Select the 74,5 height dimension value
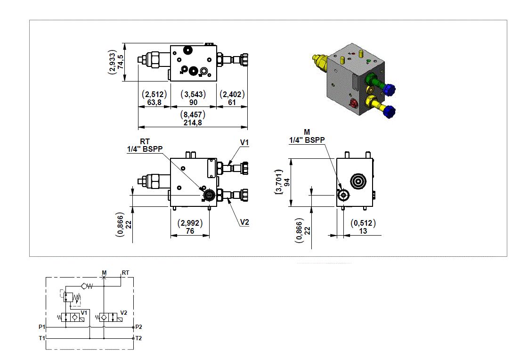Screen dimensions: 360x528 pos(121,62)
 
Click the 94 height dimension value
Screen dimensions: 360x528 pos(286,182)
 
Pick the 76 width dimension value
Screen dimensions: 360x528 pos(190,230)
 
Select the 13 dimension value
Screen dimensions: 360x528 pos(363,230)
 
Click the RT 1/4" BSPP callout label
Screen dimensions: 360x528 pos(145,145)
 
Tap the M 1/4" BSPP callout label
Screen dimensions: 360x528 pos(307,136)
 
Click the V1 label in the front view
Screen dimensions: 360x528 pos(244,142)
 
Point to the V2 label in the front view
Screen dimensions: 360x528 pos(244,222)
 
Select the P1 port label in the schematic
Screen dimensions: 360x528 pos(41,327)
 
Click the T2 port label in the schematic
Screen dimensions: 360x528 pos(138,338)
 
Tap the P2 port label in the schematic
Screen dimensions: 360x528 pos(138,327)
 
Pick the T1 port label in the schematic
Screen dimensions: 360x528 pos(41,338)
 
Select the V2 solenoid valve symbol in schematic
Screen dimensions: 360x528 pos(109,318)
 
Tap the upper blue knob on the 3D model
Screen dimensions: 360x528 pos(390,89)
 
